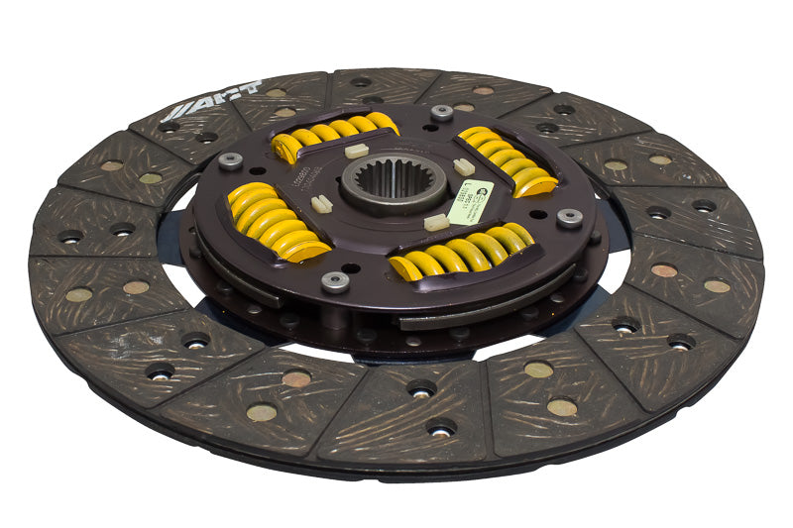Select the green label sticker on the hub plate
coord(470,201)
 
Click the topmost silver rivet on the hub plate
coord(442,112)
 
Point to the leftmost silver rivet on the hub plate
coord(231,160)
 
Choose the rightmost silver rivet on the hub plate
coord(569,218)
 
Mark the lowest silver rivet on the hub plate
coord(336,281)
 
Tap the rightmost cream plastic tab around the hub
coord(463,167)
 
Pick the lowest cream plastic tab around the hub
coord(436,223)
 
